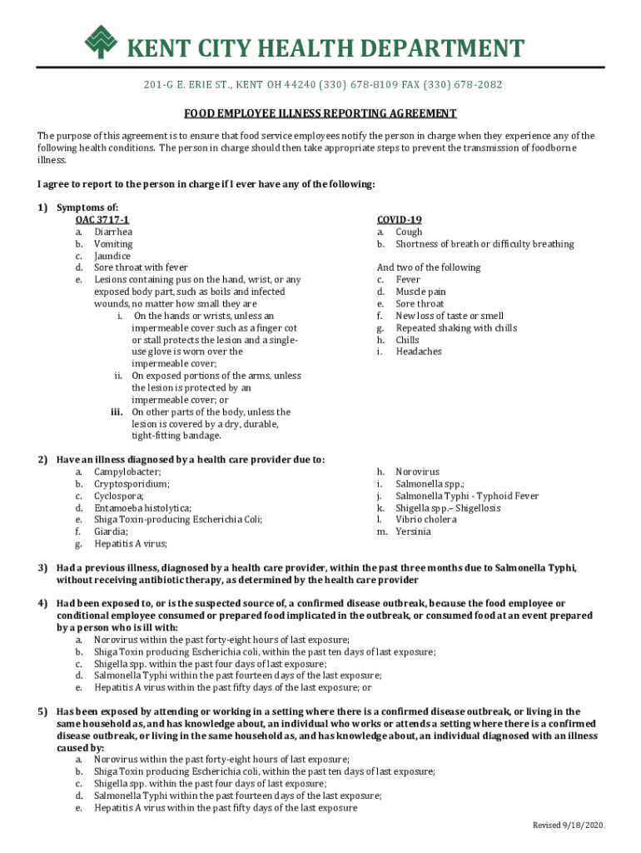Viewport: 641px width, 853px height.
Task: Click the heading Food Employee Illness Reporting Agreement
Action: pyautogui.click(x=320, y=113)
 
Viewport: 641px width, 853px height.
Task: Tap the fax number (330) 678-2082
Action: pyautogui.click(x=465, y=85)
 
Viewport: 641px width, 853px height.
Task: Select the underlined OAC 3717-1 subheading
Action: pyautogui.click(x=102, y=220)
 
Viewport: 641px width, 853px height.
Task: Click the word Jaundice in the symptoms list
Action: pyautogui.click(x=112, y=257)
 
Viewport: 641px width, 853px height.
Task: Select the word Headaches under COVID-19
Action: pyautogui.click(x=419, y=352)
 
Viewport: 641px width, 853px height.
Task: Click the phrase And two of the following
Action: pyautogui.click(x=429, y=267)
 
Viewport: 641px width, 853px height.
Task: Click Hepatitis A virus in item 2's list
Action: pyautogui.click(x=131, y=544)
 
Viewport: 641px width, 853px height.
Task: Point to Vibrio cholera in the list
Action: pyautogui.click(x=426, y=520)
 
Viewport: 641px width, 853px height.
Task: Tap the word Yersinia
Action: pyautogui.click(x=413, y=531)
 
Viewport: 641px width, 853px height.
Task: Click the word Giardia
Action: pyautogui.click(x=112, y=531)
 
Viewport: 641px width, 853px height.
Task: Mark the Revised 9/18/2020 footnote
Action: pyautogui.click(x=568, y=825)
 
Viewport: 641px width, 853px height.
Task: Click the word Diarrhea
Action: pyautogui.click(x=113, y=232)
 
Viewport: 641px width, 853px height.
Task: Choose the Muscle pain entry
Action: pyautogui.click(x=420, y=292)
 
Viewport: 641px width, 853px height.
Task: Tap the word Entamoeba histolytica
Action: pyautogui.click(x=142, y=507)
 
